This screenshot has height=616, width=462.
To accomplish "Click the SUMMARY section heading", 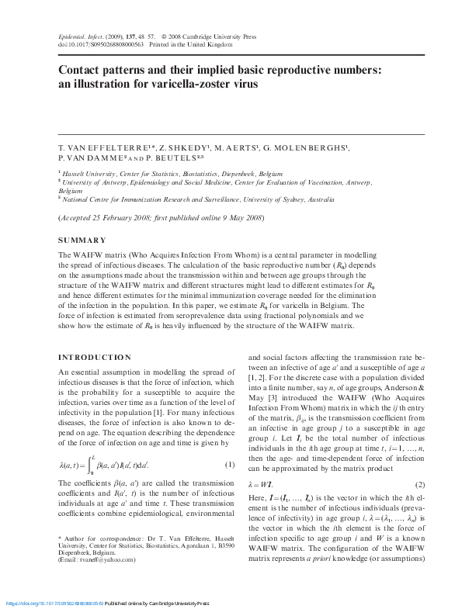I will (x=82, y=241).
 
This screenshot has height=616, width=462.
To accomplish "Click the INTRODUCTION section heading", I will (x=96, y=358).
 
